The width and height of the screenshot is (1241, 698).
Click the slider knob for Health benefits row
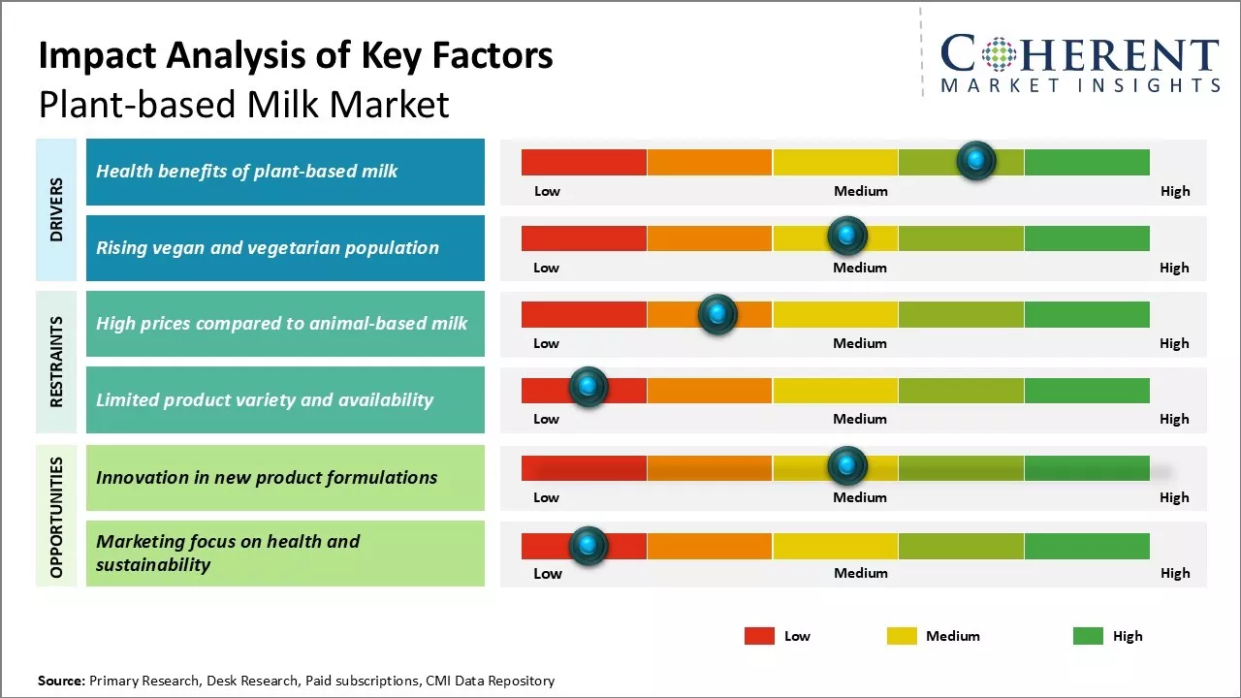[x=976, y=160]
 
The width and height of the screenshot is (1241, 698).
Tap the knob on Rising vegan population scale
[x=847, y=236]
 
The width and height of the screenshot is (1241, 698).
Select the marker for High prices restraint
[x=717, y=313]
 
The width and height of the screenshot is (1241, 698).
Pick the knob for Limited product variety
[x=588, y=387]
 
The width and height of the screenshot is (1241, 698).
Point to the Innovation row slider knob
[x=847, y=466]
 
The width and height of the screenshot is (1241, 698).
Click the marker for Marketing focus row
[x=588, y=546]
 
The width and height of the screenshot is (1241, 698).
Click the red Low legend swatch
[x=759, y=636]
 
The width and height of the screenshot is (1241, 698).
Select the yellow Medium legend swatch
[x=902, y=636]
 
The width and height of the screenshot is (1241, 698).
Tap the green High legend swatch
[x=1088, y=636]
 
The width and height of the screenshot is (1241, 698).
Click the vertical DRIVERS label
[x=57, y=209]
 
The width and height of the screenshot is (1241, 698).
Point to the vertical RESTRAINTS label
[x=57, y=362]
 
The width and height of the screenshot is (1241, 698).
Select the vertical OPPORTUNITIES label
[x=57, y=517]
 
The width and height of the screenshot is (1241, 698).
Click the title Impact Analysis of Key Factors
[x=296, y=55]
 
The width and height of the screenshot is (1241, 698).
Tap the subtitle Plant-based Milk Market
[x=243, y=104]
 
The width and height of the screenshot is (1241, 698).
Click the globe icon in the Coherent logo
[x=998, y=54]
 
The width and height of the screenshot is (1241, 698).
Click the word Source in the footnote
[x=61, y=681]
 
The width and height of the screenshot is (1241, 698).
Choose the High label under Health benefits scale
[x=1175, y=191]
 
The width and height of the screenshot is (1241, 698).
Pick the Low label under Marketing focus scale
[x=548, y=573]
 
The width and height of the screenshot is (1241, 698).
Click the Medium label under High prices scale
[x=860, y=343]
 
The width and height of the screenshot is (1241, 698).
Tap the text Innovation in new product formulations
[x=267, y=477]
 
